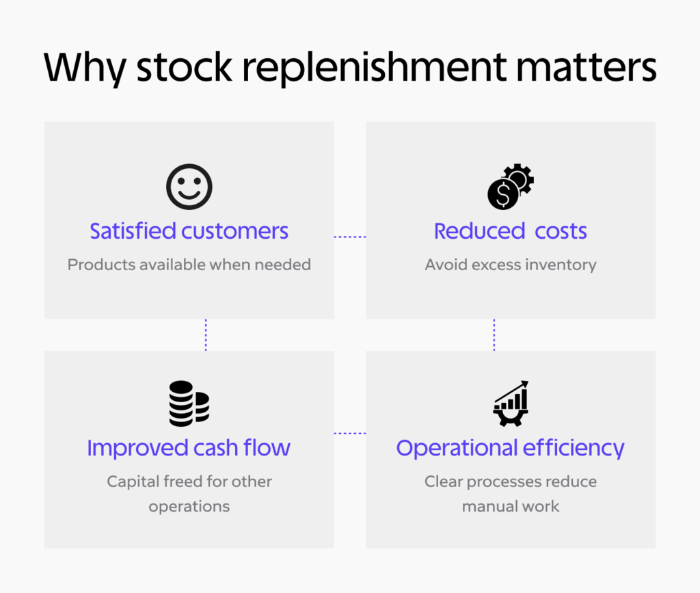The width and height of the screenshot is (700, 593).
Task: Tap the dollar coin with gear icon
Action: (x=510, y=187)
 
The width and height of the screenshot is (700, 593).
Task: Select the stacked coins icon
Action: (x=189, y=404)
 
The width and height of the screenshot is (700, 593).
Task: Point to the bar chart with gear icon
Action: (x=511, y=404)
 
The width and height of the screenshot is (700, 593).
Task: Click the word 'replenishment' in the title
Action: (x=375, y=68)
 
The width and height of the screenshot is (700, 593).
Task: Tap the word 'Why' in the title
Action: (x=85, y=68)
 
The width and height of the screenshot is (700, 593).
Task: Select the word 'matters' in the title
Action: (x=586, y=68)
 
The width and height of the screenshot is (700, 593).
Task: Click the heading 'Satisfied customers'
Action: (x=189, y=231)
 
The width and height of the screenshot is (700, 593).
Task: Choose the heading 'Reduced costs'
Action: (x=510, y=231)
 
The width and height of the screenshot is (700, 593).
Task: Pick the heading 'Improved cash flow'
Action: (x=189, y=447)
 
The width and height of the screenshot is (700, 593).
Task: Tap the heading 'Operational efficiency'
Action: (x=510, y=448)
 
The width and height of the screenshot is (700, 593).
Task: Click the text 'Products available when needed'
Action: (x=189, y=265)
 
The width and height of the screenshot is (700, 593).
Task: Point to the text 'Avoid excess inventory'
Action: (x=511, y=265)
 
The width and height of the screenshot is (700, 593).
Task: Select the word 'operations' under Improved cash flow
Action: (x=189, y=506)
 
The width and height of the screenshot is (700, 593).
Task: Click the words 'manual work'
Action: (x=511, y=506)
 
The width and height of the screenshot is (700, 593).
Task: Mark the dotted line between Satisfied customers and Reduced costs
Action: (x=350, y=237)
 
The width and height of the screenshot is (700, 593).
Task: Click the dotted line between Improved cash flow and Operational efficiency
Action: (x=350, y=433)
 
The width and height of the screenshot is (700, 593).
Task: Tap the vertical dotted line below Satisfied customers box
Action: (x=206, y=335)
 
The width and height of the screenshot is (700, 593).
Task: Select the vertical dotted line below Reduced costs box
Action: (x=494, y=335)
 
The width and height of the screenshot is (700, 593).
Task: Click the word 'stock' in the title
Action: (x=185, y=68)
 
